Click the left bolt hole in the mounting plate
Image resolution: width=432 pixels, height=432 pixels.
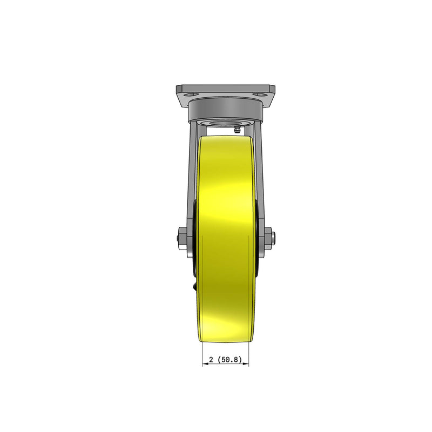pos(191,94)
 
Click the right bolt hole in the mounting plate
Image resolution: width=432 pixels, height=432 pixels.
pos(261,94)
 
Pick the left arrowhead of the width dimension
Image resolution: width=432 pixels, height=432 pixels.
pos(204,365)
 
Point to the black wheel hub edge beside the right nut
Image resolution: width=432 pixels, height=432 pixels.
pos(260,259)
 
